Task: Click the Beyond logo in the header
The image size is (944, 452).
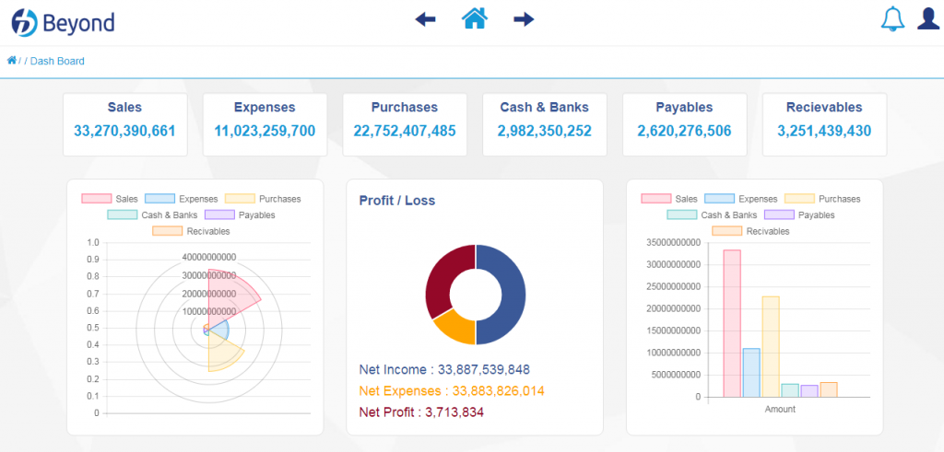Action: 63,22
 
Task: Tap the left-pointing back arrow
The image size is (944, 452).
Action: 425,20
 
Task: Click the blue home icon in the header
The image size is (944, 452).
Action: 475,18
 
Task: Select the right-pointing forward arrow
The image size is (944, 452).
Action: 524,20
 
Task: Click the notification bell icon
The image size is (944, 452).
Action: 892,19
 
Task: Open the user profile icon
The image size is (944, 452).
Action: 927,18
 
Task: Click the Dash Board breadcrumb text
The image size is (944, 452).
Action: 57,61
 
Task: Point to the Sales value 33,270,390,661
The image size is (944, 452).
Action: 124,131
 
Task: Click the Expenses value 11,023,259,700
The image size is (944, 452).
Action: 265,131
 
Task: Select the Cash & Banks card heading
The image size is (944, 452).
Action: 544,108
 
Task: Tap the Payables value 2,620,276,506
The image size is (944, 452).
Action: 685,131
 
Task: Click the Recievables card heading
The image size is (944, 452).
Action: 824,108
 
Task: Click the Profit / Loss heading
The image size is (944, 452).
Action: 397,201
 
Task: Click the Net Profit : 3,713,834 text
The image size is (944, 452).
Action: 421,412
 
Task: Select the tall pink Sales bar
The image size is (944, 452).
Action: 732,323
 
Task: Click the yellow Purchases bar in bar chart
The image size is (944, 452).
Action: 771,347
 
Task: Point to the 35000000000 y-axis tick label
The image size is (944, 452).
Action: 674,243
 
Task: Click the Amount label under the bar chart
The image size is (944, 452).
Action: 780,410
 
